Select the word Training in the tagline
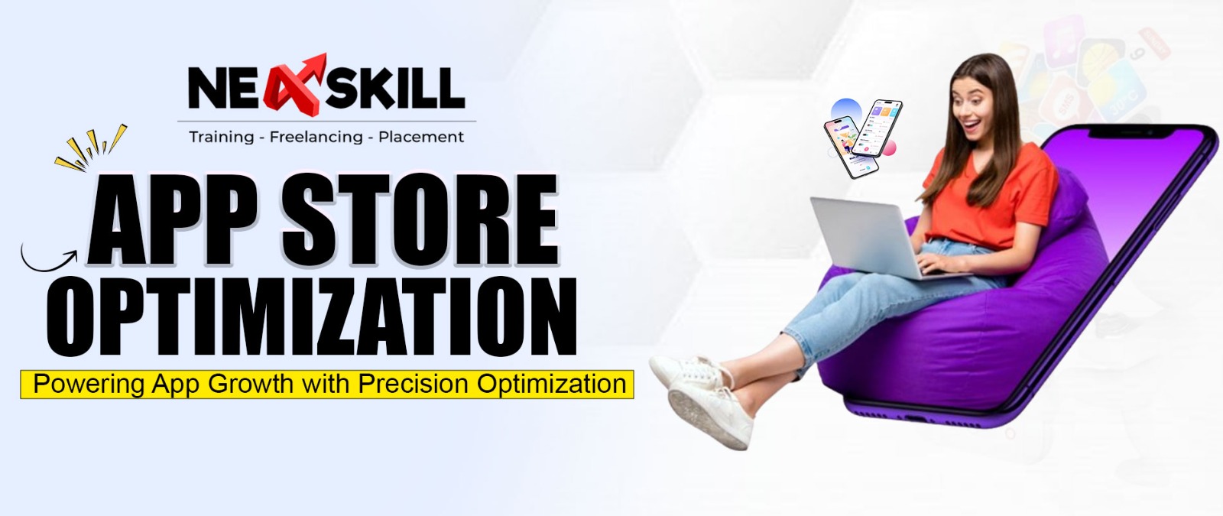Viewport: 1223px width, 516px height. click(x=221, y=137)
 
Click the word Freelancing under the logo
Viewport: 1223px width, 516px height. click(x=316, y=137)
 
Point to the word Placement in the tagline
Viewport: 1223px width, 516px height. click(x=421, y=137)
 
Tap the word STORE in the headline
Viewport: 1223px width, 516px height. click(x=418, y=221)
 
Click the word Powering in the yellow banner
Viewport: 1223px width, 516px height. click(x=89, y=383)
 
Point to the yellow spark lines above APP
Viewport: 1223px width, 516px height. click(x=89, y=148)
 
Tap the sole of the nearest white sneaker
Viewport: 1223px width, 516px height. click(x=708, y=417)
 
